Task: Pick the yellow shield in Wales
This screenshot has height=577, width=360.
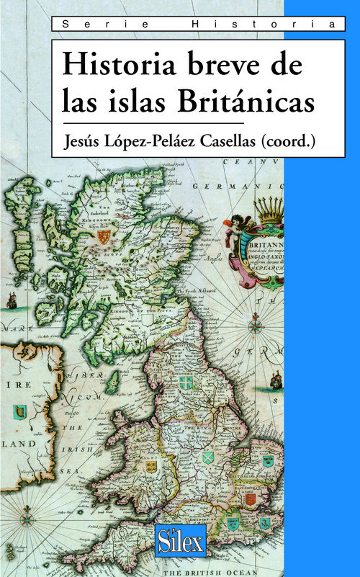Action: click(x=151, y=466)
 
